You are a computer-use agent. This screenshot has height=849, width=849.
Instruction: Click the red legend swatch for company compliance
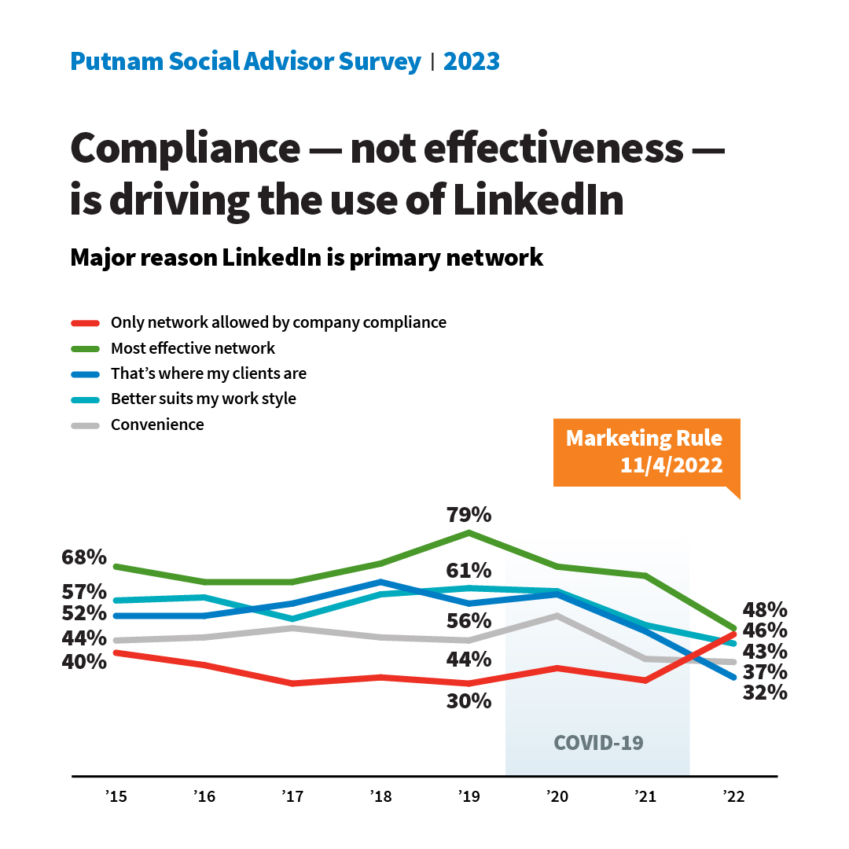(84, 322)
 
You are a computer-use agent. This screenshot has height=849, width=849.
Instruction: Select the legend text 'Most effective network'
(193, 347)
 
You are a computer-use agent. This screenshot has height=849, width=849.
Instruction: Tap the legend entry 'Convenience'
(157, 424)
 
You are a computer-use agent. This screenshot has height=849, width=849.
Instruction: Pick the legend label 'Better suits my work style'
(203, 399)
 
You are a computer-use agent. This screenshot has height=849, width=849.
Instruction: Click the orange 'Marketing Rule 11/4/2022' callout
(644, 451)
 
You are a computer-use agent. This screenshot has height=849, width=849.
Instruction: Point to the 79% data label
(469, 515)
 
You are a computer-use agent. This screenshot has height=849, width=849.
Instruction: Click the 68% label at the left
(84, 557)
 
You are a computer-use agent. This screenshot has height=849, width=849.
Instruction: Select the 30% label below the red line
(469, 700)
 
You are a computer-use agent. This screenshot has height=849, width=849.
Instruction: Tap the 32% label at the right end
(765, 693)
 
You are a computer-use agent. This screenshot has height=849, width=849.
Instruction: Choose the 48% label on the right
(765, 609)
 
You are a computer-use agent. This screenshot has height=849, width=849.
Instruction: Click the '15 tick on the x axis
(116, 797)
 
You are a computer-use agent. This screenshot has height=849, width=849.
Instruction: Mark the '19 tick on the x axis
(469, 797)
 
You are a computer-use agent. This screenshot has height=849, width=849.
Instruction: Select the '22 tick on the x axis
(733, 797)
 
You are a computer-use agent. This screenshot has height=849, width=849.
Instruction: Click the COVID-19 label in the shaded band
(598, 742)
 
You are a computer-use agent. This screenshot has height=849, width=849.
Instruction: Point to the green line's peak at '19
(469, 533)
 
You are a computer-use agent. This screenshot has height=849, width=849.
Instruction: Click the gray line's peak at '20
(557, 616)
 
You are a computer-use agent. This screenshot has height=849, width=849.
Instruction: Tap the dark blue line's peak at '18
(380, 582)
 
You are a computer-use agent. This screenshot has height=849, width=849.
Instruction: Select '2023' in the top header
(472, 61)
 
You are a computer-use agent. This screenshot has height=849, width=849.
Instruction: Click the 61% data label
(469, 570)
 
